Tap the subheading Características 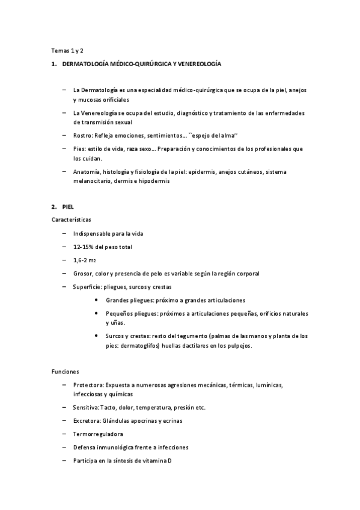(72, 220)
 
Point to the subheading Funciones (66, 372)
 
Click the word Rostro (82, 135)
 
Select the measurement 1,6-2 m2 (85, 260)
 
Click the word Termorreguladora (99, 434)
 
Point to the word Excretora (86, 420)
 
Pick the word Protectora (88, 384)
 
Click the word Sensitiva (86, 407)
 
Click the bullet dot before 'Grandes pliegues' (97, 300)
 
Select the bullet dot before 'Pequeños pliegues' (97, 313)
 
